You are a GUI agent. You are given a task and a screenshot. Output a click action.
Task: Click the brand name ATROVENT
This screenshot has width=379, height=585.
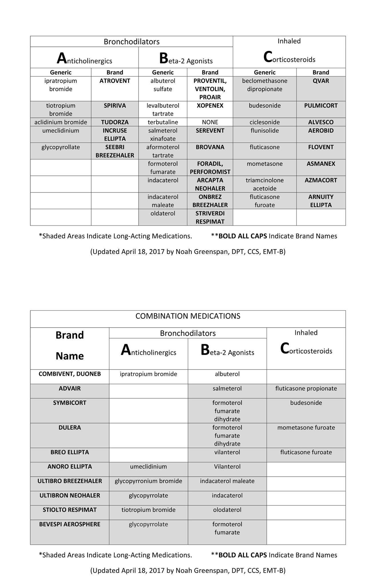[115, 81]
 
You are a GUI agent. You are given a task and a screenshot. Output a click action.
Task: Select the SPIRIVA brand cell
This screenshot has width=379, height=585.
[115, 106]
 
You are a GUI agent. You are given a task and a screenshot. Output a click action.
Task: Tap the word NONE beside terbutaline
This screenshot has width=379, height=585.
[210, 122]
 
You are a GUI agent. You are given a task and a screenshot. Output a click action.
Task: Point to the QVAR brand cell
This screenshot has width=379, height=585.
[321, 81]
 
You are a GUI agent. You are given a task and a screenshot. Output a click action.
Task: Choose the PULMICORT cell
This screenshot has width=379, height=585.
[321, 106]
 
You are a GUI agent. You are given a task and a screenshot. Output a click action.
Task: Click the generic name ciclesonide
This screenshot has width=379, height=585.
[265, 122]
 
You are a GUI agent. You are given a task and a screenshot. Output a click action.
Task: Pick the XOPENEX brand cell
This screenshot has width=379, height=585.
[210, 106]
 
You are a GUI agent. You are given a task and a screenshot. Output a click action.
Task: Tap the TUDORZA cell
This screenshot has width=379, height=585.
[115, 122]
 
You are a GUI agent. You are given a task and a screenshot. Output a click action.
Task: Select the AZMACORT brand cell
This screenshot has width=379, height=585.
[321, 180]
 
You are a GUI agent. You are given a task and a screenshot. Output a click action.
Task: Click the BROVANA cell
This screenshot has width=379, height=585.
[210, 147]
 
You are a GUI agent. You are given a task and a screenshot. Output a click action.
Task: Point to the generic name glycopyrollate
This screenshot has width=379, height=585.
[61, 147]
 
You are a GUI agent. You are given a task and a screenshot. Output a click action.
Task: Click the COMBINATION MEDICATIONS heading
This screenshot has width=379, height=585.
[188, 316]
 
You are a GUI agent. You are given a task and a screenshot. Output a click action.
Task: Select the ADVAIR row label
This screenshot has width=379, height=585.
[70, 388]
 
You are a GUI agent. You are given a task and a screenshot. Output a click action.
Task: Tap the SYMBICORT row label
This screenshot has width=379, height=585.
[70, 403]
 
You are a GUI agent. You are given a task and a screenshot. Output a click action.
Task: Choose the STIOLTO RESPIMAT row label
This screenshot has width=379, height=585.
[70, 510]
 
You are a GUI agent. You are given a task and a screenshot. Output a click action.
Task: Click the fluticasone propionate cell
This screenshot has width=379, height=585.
[306, 388]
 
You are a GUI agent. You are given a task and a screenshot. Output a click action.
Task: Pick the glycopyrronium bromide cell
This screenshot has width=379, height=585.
[148, 481]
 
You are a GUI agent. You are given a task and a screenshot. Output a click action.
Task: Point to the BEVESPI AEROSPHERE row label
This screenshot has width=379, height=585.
[70, 524]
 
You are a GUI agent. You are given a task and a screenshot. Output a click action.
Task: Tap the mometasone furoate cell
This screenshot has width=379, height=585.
[306, 428]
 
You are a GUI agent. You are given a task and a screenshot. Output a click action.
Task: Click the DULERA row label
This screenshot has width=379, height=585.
[70, 428]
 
